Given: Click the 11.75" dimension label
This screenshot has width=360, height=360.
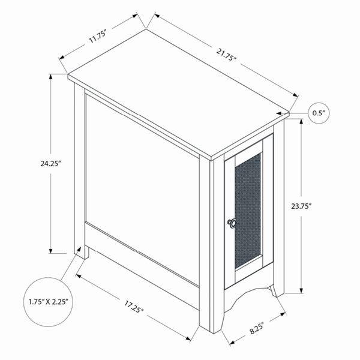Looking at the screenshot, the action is (x=98, y=36).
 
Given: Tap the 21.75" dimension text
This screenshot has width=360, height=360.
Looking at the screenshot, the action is (x=226, y=55).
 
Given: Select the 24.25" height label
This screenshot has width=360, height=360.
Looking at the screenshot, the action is (x=51, y=164).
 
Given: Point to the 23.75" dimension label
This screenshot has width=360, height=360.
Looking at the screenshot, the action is (x=301, y=206).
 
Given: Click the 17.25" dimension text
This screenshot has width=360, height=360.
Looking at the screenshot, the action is (x=134, y=307).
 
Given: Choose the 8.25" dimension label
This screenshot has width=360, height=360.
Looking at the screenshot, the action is (x=257, y=328).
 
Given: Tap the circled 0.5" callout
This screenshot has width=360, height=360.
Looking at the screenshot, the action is (x=319, y=113).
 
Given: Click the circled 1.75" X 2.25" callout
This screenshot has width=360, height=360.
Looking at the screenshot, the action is (x=49, y=302).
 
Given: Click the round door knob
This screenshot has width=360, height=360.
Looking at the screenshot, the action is (x=232, y=223).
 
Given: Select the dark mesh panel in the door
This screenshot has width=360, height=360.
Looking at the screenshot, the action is (x=248, y=211).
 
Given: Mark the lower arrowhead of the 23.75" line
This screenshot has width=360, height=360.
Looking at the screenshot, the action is (x=301, y=290).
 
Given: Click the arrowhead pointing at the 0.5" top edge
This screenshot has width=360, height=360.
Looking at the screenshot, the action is (x=279, y=113).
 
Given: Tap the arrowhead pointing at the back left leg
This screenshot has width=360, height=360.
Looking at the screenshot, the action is (x=79, y=249).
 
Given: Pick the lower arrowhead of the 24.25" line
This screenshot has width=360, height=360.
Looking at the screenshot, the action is (x=50, y=251).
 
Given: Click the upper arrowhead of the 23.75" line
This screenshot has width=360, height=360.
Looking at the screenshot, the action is (x=301, y=122).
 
